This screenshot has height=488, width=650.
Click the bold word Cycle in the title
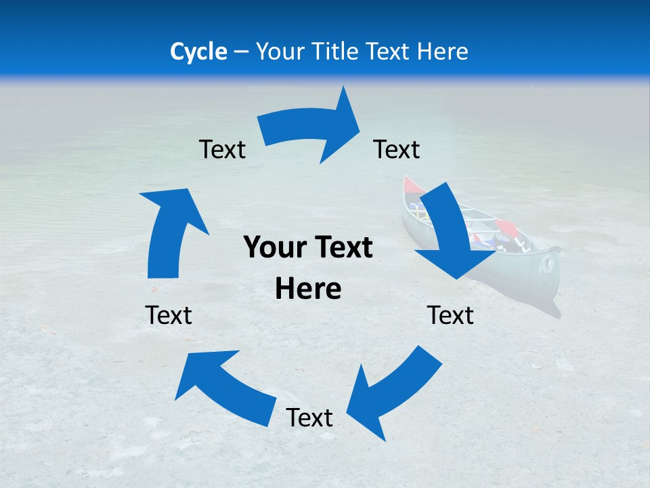tap(198, 52)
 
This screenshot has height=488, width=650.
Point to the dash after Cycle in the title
tap(241, 52)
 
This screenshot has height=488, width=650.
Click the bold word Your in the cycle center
tap(273, 248)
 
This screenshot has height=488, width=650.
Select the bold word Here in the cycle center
tap(308, 289)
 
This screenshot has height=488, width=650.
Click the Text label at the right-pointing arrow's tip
tap(397, 149)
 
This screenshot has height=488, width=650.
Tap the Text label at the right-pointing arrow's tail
tap(222, 149)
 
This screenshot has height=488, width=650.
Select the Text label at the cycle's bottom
tap(309, 418)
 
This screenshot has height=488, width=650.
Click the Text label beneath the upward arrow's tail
tap(169, 315)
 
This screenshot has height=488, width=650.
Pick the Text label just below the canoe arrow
tap(450, 315)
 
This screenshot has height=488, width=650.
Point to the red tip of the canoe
tap(410, 185)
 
